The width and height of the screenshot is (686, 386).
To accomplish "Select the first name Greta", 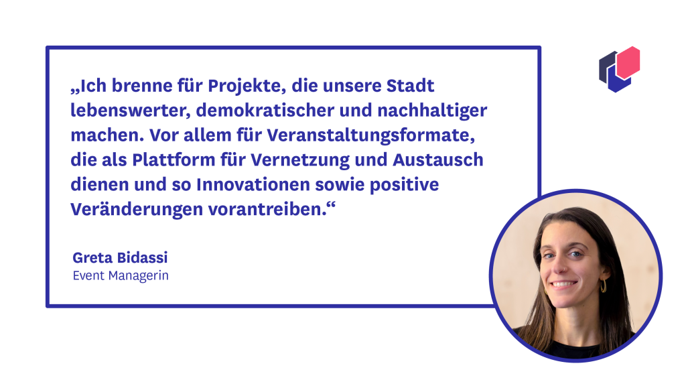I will pyautogui.click(x=91, y=257).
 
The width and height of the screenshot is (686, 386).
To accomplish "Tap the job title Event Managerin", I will pyautogui.click(x=121, y=275).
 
